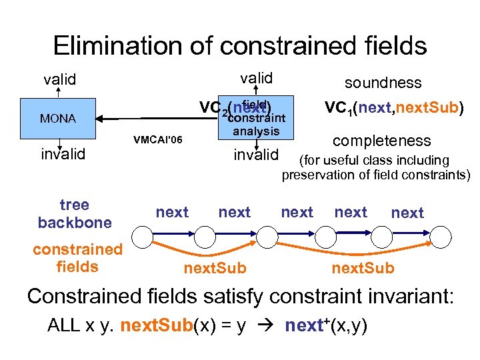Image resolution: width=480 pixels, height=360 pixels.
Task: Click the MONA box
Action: (x=59, y=119)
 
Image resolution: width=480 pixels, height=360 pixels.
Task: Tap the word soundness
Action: (x=383, y=83)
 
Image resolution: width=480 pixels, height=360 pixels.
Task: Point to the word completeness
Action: (x=381, y=141)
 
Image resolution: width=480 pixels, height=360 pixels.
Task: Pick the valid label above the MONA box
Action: (x=59, y=80)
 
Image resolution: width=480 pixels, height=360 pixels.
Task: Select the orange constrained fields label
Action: (x=78, y=258)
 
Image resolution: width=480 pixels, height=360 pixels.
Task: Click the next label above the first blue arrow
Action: (x=172, y=212)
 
